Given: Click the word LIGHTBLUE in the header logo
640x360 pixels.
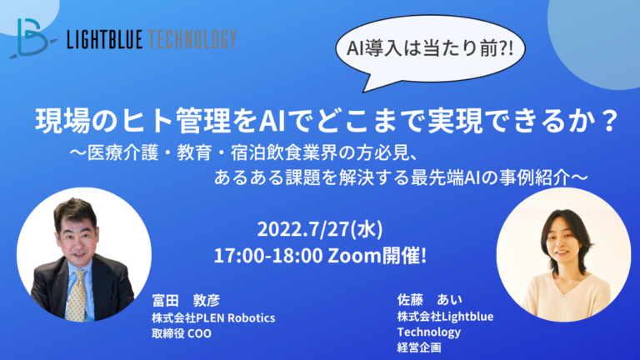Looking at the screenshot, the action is point(104,40).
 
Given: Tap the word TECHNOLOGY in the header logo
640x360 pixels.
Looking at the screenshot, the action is point(192,40).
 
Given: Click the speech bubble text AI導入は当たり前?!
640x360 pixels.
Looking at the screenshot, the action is point(430,48).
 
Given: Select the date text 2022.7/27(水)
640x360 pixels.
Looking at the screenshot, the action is point(320,229).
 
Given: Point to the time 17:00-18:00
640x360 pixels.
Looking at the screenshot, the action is point(268,256).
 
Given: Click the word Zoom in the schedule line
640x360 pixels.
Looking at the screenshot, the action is point(354,256).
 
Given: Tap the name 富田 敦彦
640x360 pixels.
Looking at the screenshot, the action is point(186,300).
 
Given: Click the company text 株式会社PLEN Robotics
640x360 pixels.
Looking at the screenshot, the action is point(213,317).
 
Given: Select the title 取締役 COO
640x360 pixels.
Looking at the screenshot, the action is point(181,333).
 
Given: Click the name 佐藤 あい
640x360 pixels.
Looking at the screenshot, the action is point(429,300).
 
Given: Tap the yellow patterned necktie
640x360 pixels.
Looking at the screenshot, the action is point(77,295).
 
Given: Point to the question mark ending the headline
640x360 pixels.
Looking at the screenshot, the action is point(610,120).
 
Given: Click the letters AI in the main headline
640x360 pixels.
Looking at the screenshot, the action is point(272,121).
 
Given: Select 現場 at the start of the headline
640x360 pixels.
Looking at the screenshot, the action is point(62,121).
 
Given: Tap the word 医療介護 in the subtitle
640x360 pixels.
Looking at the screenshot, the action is point(122,153).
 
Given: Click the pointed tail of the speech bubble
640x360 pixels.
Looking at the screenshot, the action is point(364,91).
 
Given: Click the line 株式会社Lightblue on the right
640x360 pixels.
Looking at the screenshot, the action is point(445,317).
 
